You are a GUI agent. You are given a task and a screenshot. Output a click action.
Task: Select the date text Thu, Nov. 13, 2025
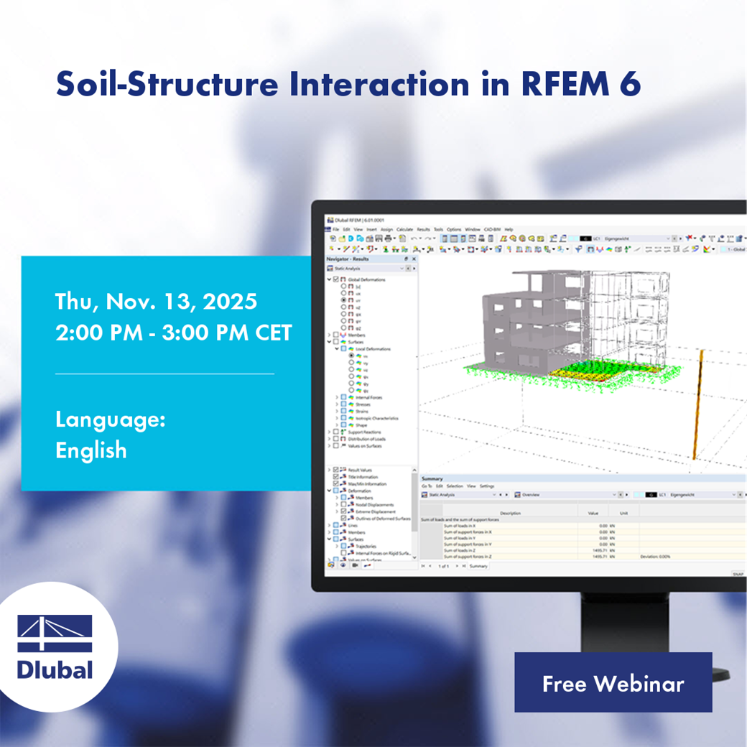(x=156, y=302)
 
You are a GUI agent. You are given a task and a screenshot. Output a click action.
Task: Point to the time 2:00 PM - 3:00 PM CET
(x=174, y=333)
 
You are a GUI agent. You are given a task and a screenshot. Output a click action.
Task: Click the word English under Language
(x=91, y=450)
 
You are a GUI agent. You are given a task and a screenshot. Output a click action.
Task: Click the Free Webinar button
(x=613, y=682)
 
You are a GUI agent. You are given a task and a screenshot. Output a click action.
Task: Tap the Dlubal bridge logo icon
(x=55, y=634)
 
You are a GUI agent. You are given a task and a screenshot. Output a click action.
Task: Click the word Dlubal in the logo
(x=55, y=669)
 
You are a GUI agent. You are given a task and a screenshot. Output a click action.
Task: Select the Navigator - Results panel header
(x=348, y=259)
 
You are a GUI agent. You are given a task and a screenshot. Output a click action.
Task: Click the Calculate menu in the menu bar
(x=404, y=229)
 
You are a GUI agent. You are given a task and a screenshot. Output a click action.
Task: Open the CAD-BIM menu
(x=492, y=229)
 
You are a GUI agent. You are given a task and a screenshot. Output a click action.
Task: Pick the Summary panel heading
(x=432, y=478)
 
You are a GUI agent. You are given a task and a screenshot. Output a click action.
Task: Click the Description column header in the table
(x=510, y=513)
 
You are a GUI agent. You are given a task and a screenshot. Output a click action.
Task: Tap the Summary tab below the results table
(x=478, y=566)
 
